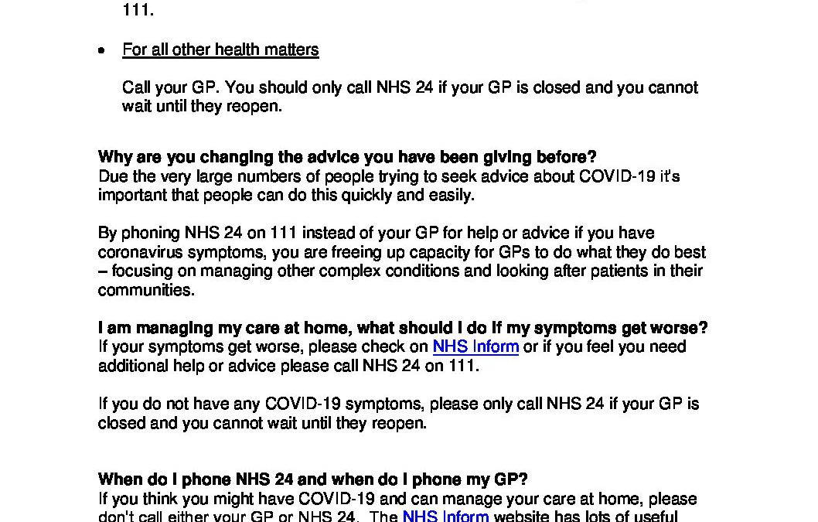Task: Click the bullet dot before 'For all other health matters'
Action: point(101,50)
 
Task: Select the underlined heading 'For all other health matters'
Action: point(220,50)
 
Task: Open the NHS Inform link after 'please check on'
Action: point(475,347)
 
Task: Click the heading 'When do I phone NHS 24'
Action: point(312,479)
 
